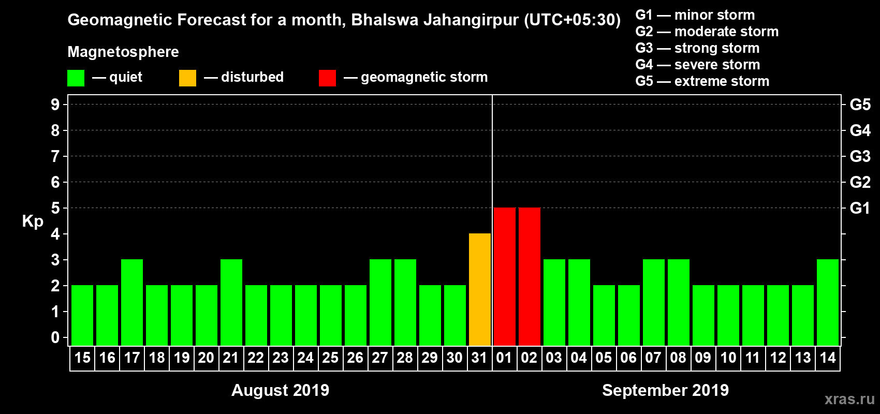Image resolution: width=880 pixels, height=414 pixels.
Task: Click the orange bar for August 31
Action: click(480, 289)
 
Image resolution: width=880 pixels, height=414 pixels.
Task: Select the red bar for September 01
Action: click(505, 276)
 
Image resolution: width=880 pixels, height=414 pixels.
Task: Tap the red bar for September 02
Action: click(530, 276)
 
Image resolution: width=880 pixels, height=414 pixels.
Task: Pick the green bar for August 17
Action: click(132, 302)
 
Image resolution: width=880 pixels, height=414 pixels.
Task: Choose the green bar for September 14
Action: click(828, 302)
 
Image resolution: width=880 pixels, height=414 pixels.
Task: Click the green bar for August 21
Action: click(231, 302)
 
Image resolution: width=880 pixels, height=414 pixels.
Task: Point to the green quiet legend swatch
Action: click(76, 78)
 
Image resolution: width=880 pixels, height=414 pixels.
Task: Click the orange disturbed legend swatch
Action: click(187, 78)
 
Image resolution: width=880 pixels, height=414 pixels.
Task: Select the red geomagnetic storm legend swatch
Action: click(327, 78)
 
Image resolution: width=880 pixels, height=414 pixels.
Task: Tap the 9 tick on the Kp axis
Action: click(55, 105)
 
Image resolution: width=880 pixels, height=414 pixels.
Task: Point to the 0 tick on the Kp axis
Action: click(55, 338)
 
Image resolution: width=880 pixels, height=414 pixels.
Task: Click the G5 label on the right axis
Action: click(860, 105)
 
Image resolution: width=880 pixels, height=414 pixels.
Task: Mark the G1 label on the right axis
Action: click(860, 208)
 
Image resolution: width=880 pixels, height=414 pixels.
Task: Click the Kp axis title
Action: click(33, 221)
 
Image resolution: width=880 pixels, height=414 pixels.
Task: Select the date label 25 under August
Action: click(330, 358)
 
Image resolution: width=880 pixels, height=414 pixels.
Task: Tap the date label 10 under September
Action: click(728, 358)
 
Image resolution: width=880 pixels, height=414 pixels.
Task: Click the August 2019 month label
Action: click(280, 390)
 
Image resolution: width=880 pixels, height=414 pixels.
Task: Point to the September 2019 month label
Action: click(665, 390)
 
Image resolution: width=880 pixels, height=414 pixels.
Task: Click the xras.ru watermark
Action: click(849, 399)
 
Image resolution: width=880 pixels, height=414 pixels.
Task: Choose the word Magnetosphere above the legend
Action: click(123, 52)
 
